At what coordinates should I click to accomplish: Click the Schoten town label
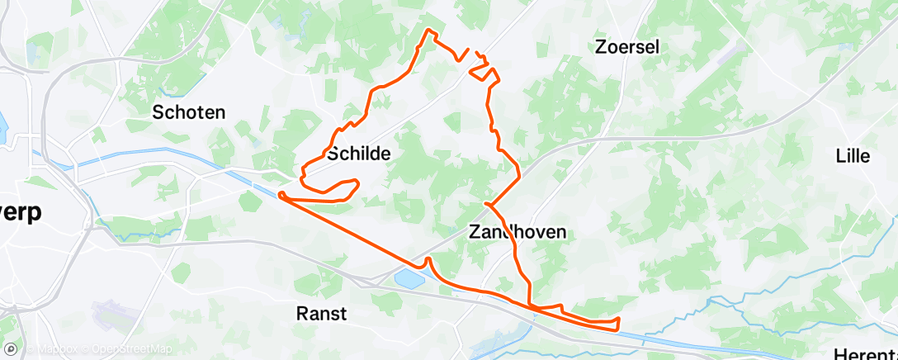coord(189,112)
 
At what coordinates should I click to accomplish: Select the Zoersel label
coord(626,47)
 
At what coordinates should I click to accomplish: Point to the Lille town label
coord(853,155)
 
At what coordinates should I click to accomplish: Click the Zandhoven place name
coord(518,232)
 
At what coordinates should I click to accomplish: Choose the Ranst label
coord(321,313)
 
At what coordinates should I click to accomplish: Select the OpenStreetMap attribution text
coord(132,349)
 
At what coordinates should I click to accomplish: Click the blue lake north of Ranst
coord(410,277)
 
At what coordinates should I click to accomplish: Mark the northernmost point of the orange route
coord(428,30)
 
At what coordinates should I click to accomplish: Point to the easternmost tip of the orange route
coord(618,319)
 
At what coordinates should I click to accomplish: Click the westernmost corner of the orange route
coord(281,194)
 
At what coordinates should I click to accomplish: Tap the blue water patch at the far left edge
coord(2,124)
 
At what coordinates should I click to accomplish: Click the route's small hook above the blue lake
coord(428,261)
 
